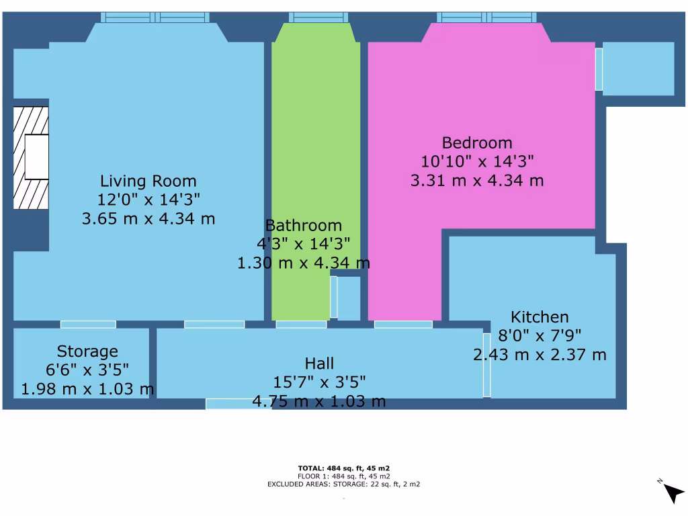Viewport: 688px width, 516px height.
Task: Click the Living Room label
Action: point(148,181)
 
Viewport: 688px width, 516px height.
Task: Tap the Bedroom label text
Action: point(476,142)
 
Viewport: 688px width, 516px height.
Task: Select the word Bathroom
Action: point(303,226)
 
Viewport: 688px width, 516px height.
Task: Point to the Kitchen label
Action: point(540,317)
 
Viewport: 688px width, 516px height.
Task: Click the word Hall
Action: point(319,363)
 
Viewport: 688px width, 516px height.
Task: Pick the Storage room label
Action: point(87,351)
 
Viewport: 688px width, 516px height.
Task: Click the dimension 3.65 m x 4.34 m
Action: point(148,218)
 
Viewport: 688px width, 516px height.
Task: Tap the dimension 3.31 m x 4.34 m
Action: point(476,180)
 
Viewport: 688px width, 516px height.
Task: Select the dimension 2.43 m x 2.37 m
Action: point(540,355)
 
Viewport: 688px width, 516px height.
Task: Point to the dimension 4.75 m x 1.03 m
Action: point(319,402)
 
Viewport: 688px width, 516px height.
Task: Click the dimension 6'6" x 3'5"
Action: point(87,370)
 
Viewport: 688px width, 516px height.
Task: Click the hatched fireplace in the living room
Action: point(32,157)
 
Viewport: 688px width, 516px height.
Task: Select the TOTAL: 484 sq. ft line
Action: point(344,468)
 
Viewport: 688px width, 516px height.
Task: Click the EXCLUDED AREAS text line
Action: point(344,484)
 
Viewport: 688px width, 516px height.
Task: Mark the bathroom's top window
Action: point(318,17)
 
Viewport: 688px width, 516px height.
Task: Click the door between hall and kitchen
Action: point(486,364)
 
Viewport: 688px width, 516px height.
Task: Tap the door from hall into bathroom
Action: point(301,325)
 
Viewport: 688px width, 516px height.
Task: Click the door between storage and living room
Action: point(88,325)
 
